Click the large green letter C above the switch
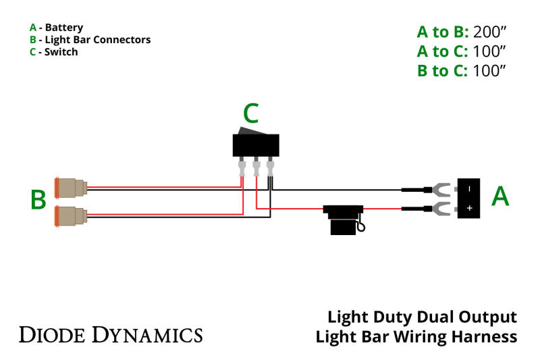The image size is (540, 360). click(250, 116)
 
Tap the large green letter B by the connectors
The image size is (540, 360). click(38, 200)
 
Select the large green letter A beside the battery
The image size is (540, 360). click(500, 196)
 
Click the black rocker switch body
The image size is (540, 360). click(256, 145)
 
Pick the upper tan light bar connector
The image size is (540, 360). click(72, 188)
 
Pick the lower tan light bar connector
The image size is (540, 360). click(72, 216)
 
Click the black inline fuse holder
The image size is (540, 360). click(344, 220)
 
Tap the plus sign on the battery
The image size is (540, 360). click(469, 209)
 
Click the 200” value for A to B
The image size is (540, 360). click(489, 32)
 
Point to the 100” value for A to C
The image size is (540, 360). click(489, 51)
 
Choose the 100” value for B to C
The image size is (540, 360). click(489, 70)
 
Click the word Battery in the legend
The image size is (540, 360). click(64, 28)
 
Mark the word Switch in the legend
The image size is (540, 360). click(61, 52)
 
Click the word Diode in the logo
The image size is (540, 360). click(52, 334)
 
